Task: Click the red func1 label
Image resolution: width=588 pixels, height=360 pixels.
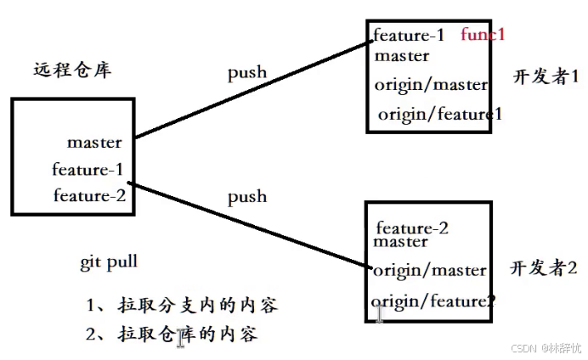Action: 483,35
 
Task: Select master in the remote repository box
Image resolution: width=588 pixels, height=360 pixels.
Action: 94,142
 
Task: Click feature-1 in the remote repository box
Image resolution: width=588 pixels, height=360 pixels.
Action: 88,169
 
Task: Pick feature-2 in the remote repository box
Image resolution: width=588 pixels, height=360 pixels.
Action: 89,196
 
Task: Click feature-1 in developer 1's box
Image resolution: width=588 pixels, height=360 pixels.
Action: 409,36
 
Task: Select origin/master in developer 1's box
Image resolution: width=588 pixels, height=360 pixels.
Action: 431,85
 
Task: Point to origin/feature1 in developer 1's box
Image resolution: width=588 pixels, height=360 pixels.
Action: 435,114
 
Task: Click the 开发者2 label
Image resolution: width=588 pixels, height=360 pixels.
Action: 543,268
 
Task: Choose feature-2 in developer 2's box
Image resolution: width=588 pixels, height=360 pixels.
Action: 411,228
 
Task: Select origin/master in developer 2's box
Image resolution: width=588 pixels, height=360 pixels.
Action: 430,271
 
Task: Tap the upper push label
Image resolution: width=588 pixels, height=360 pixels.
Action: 246,72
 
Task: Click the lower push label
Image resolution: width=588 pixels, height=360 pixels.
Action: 246,197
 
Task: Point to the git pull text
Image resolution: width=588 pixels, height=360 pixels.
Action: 109,262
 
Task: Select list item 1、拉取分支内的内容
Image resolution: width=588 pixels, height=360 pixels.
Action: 182,304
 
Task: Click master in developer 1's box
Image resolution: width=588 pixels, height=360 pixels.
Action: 401,57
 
